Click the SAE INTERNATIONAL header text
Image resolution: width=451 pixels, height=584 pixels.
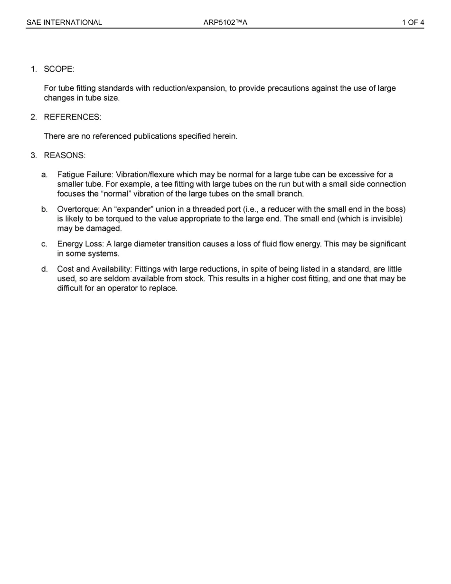tap(64, 22)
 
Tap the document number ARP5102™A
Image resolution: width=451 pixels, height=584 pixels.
tap(225, 22)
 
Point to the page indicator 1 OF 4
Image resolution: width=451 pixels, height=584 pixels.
tap(413, 22)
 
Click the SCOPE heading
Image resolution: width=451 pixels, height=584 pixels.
tap(59, 69)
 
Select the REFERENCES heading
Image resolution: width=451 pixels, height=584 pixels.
tap(72, 117)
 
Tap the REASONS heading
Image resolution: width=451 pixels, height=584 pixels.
tap(65, 155)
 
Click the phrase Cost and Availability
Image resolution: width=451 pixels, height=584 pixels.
tap(94, 269)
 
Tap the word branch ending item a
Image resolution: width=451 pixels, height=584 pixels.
tap(290, 194)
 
